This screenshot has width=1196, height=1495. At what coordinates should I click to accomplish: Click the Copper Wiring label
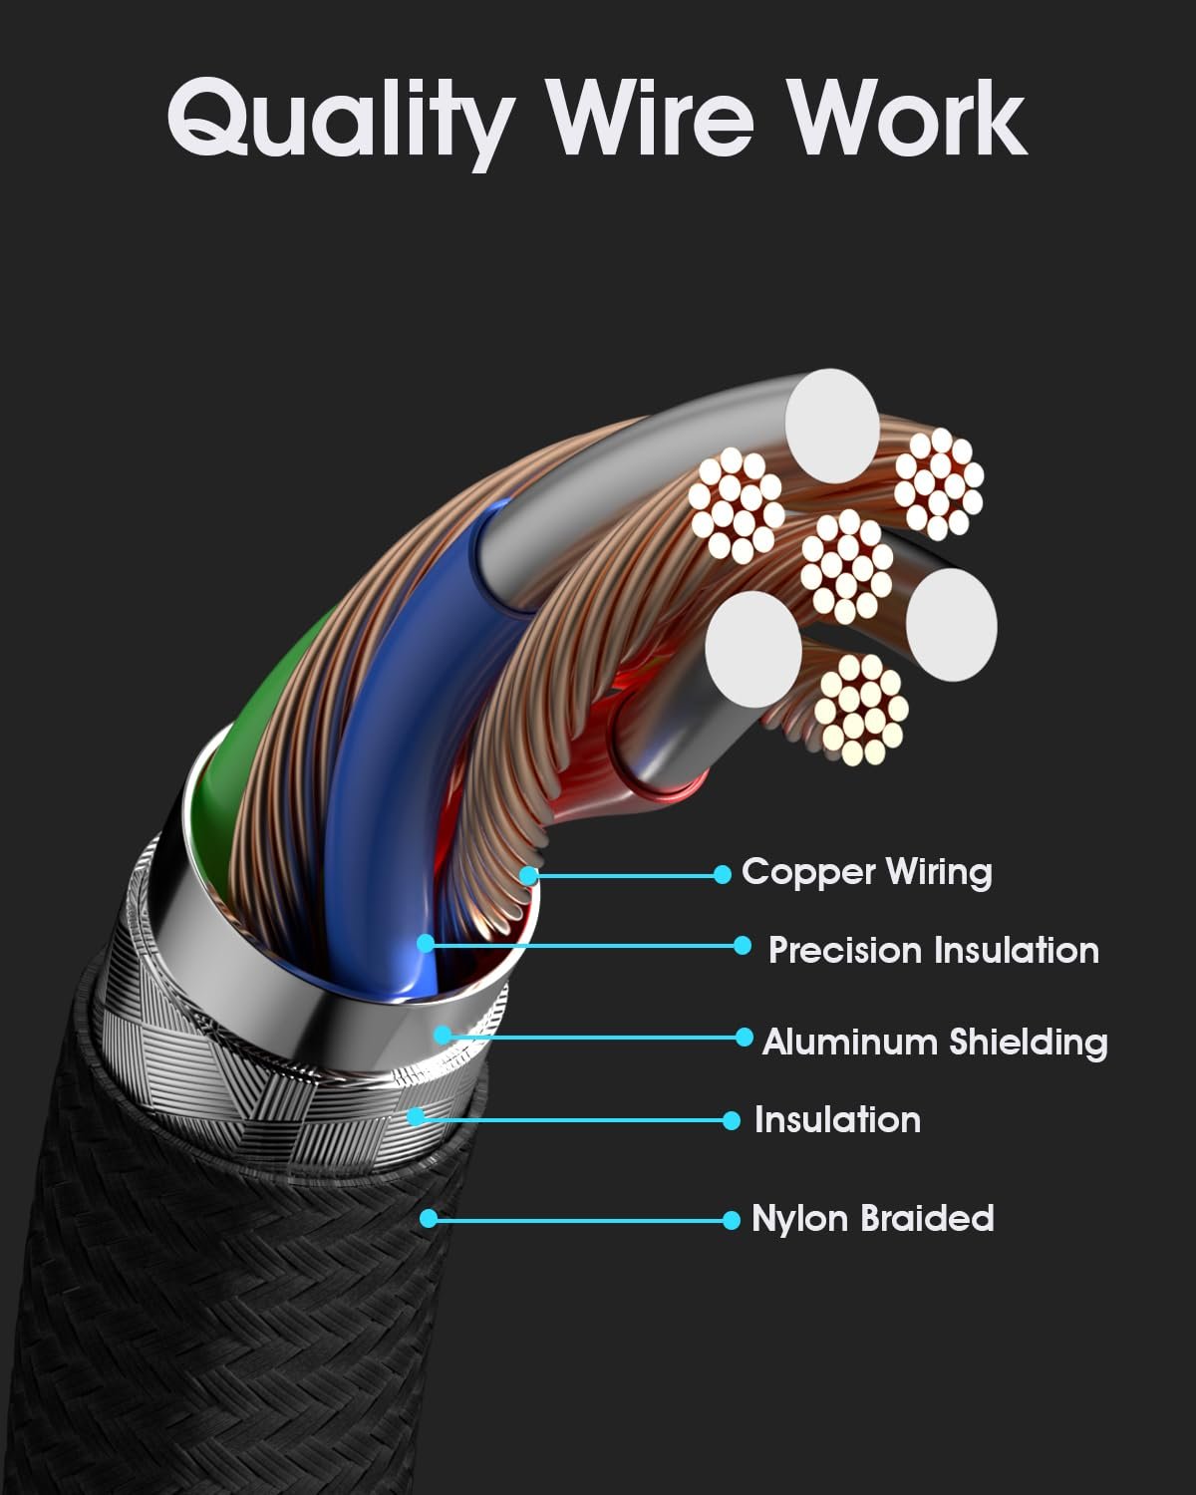pos(866,872)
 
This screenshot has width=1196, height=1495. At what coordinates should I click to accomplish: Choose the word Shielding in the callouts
pos(1028,1042)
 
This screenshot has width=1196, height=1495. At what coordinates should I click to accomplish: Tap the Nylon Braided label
pos(872,1218)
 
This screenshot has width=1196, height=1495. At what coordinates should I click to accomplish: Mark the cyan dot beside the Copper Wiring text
pos(723,875)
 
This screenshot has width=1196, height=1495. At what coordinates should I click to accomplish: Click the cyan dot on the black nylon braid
pos(429,1218)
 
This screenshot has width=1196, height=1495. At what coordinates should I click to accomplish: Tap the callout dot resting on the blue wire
pos(426,943)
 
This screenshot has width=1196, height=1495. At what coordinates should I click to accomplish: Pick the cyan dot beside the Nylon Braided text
pos(732,1219)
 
